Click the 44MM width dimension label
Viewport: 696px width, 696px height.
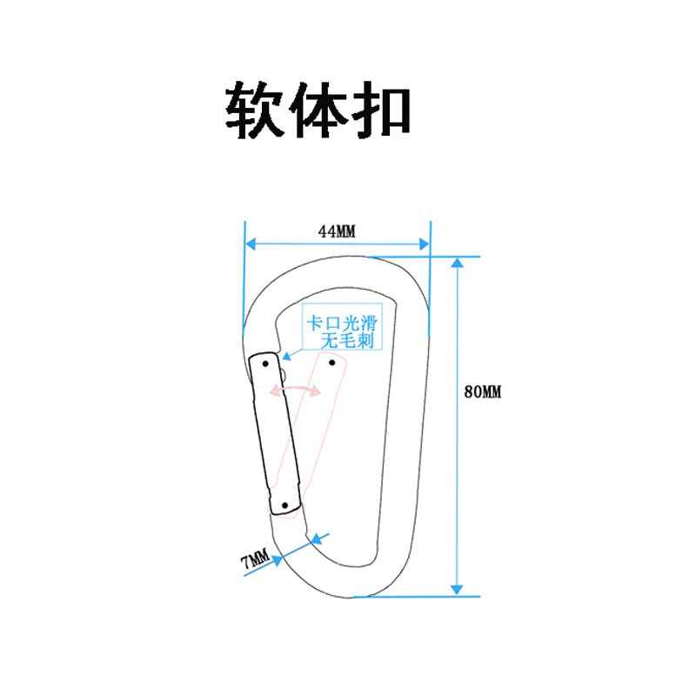pyautogui.click(x=337, y=231)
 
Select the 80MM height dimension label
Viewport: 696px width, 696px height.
pyautogui.click(x=483, y=392)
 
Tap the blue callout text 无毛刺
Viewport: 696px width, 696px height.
pyautogui.click(x=347, y=341)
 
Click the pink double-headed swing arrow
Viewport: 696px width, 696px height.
pyautogui.click(x=295, y=390)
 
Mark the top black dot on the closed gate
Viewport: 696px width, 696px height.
pyautogui.click(x=265, y=363)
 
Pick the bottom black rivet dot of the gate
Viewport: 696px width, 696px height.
pyautogui.click(x=284, y=504)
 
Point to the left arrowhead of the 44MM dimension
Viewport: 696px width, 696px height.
pyautogui.click(x=249, y=244)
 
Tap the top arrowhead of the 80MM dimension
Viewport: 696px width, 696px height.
pyautogui.click(x=457, y=262)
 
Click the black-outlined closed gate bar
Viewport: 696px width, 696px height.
pyautogui.click(x=274, y=435)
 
